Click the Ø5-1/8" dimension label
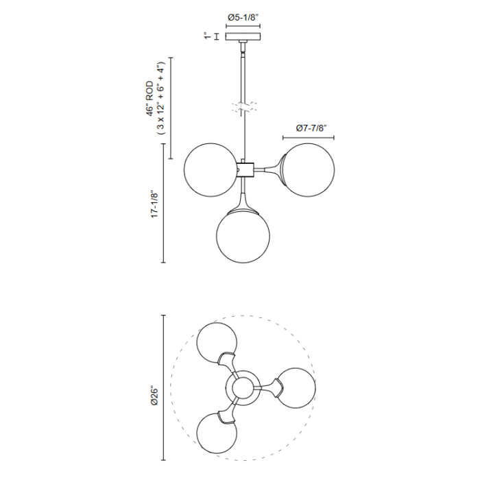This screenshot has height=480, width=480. (x=243, y=17)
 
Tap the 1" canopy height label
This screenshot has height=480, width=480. (x=208, y=36)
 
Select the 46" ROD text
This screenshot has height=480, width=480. (x=149, y=99)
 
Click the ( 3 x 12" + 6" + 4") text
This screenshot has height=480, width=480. (x=160, y=98)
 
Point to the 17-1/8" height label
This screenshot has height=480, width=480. (x=155, y=204)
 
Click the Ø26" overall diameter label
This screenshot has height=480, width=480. (x=154, y=397)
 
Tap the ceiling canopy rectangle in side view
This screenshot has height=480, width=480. (x=243, y=36)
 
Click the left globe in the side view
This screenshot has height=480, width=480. (x=211, y=170)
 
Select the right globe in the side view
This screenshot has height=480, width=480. (x=309, y=170)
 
